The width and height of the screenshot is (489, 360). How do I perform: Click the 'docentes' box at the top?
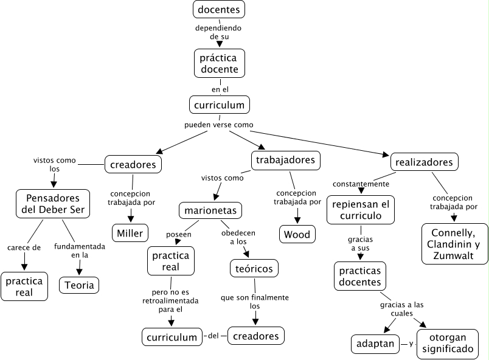(x=219, y=9)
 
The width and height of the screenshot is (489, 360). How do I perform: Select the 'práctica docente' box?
(x=219, y=63)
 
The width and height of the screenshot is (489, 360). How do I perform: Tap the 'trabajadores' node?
(x=285, y=161)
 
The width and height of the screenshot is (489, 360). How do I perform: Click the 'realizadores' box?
(x=424, y=162)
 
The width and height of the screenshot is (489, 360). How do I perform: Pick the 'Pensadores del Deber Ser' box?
(x=52, y=204)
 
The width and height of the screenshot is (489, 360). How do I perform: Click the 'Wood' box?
(x=297, y=234)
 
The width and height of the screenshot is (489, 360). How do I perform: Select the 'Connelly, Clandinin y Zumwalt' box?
(x=455, y=244)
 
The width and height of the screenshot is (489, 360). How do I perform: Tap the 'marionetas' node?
(x=210, y=211)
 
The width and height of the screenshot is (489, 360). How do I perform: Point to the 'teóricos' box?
(x=254, y=268)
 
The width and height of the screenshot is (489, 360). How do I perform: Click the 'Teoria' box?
(x=78, y=284)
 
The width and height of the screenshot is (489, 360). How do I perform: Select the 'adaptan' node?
(x=375, y=344)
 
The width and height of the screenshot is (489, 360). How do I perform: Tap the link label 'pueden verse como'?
(x=219, y=125)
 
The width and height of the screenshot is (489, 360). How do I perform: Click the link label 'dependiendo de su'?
(x=219, y=32)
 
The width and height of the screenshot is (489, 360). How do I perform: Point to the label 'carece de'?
(x=24, y=247)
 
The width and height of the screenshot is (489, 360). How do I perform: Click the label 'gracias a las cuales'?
(x=402, y=309)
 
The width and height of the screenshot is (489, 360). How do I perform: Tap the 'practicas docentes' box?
(x=361, y=276)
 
